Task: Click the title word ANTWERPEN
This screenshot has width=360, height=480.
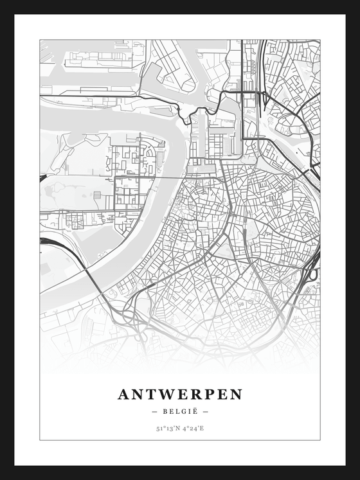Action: (180, 395)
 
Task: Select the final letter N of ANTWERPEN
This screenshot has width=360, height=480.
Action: (236, 395)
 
